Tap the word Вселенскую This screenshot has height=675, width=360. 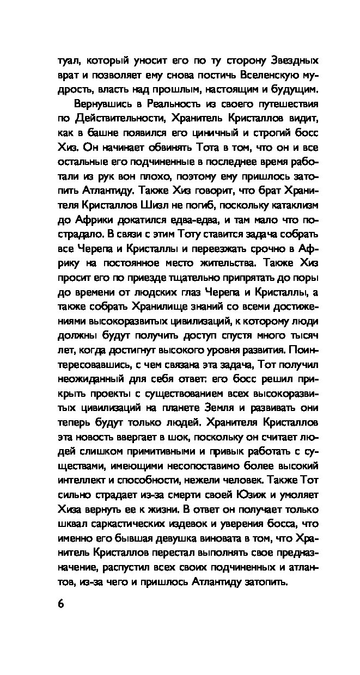tap(258, 75)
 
